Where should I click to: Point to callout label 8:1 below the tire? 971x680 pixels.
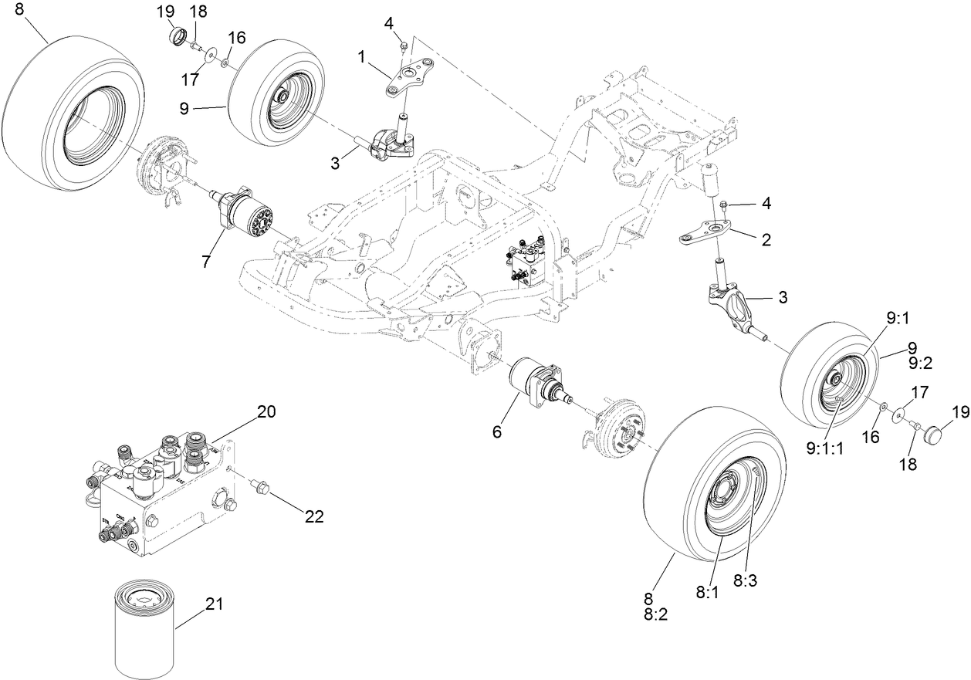[x=707, y=593]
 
